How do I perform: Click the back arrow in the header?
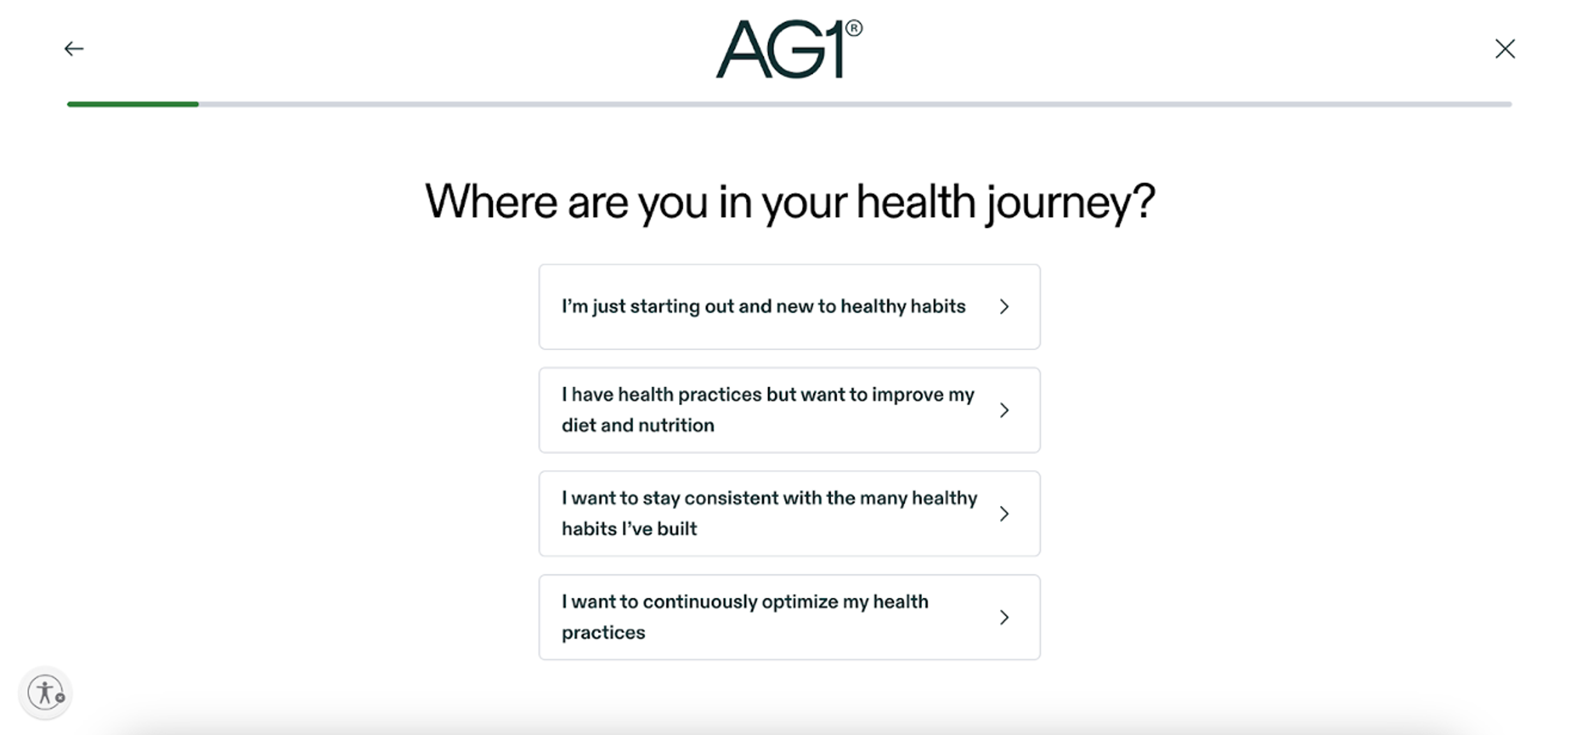pyautogui.click(x=74, y=49)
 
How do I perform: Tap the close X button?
pyautogui.click(x=1504, y=49)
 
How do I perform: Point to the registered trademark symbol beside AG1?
pyautogui.click(x=854, y=28)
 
